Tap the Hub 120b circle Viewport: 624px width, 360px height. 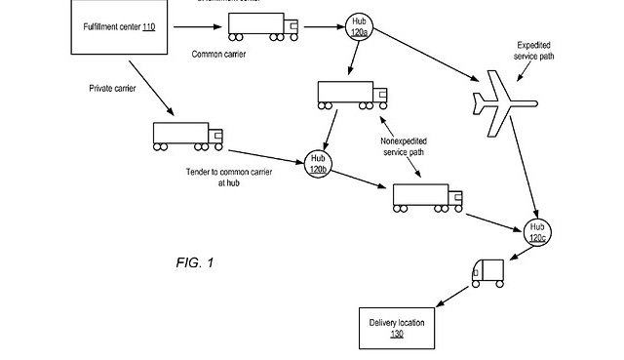point(317,163)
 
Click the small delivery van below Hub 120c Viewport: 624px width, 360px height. point(487,273)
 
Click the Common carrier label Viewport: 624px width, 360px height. point(218,55)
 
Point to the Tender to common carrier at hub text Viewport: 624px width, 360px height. point(229,176)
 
